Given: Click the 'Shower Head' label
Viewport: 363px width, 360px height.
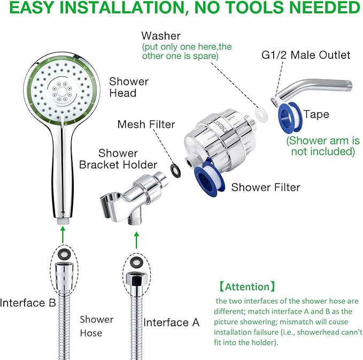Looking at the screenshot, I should pos(128,87).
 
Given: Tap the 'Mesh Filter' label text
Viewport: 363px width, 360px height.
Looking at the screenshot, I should pos(146,125).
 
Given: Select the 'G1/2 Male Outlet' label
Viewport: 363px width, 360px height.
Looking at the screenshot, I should pos(306,55).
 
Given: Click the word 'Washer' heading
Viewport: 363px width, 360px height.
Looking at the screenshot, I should pos(161,36).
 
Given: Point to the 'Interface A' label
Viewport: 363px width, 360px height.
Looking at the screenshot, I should pos(171,323).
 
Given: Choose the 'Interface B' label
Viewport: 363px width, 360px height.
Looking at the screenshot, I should pos(28,303).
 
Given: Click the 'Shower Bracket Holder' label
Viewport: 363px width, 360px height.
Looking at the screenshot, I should pos(118,159).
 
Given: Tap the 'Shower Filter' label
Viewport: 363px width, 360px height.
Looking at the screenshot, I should pos(265,187).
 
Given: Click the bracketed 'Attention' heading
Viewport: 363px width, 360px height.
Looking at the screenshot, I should pos(247,287).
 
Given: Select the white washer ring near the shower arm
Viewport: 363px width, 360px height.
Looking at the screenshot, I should pos(261,114).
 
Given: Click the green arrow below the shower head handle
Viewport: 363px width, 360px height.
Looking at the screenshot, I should pos(63,234).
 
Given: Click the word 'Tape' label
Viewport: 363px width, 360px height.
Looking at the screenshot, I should pos(316,114).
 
